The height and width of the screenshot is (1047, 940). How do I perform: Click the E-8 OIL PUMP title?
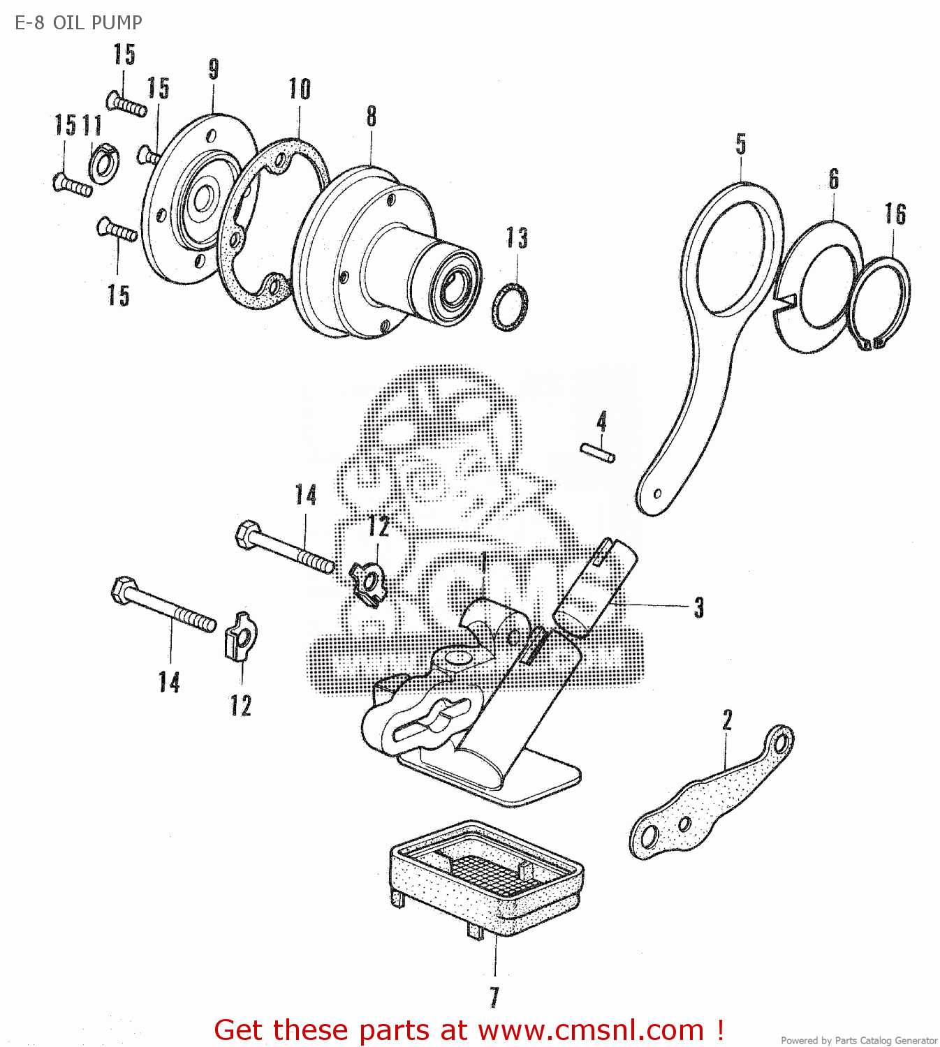pyautogui.click(x=78, y=22)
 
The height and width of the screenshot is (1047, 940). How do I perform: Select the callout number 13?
pyautogui.click(x=517, y=238)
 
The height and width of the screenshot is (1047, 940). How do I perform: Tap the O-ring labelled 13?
pyautogui.click(x=510, y=307)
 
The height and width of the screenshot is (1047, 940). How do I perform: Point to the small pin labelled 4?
pyautogui.click(x=598, y=452)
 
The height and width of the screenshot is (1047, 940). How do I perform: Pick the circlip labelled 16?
pyautogui.click(x=881, y=302)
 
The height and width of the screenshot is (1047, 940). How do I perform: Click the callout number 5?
pyautogui.click(x=741, y=144)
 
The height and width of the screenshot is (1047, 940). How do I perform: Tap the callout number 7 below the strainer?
pyautogui.click(x=494, y=997)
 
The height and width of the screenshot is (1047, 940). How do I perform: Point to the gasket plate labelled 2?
pyautogui.click(x=712, y=796)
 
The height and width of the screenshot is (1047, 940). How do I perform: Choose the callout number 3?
pyautogui.click(x=699, y=608)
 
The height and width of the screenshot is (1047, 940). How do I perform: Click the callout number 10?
pyautogui.click(x=300, y=89)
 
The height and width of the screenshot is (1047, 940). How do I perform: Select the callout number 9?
pyautogui.click(x=214, y=69)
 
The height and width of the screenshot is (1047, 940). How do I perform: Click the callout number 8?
pyautogui.click(x=372, y=116)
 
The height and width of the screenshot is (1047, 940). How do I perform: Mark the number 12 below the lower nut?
pyautogui.click(x=241, y=705)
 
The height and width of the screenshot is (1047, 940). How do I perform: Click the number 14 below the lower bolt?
pyautogui.click(x=169, y=682)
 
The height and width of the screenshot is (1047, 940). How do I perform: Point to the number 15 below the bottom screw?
pyautogui.click(x=119, y=295)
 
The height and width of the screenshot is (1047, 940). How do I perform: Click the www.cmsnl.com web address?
pyautogui.click(x=591, y=1030)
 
